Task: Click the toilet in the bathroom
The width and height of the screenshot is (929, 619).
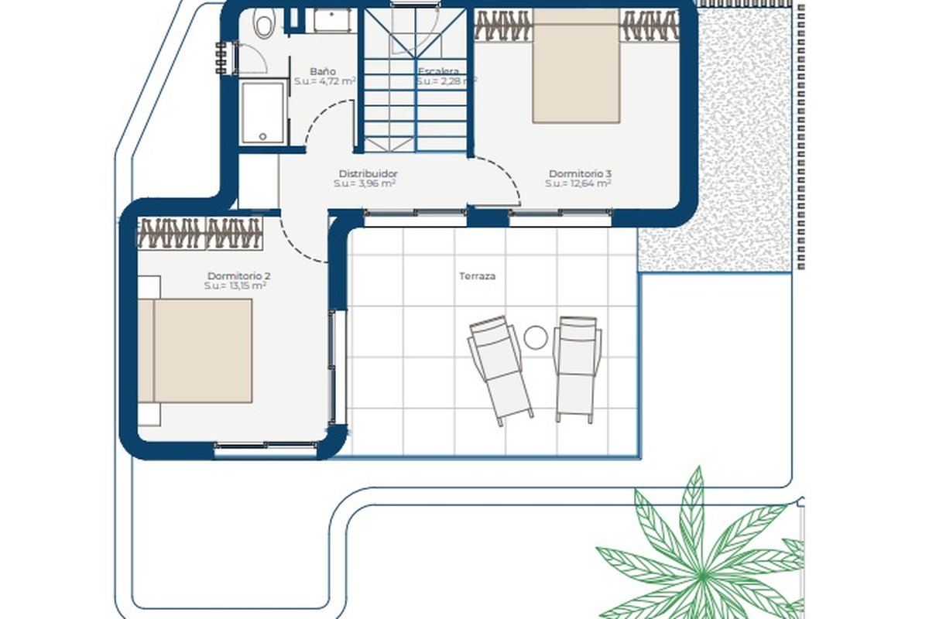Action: pyautogui.click(x=264, y=23)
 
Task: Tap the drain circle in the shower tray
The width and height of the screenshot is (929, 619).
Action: pyautogui.click(x=262, y=136)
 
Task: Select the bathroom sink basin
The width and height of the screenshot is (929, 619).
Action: pyautogui.click(x=332, y=21)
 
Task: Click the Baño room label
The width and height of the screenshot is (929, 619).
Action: pyautogui.click(x=323, y=71)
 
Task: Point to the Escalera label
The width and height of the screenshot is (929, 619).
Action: pyautogui.click(x=438, y=71)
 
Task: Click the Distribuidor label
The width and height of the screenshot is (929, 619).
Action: pyautogui.click(x=368, y=174)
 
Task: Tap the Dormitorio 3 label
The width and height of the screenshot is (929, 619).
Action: pyautogui.click(x=580, y=174)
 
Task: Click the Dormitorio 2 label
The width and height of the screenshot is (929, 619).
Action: pyautogui.click(x=239, y=275)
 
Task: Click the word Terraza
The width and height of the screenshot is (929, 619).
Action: pyautogui.click(x=478, y=276)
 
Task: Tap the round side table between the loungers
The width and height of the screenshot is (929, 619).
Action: pyautogui.click(x=536, y=337)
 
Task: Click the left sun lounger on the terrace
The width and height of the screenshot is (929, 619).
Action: pyautogui.click(x=500, y=370)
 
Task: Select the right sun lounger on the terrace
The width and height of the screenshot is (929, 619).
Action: pyautogui.click(x=577, y=369)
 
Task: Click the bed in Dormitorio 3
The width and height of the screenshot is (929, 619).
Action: pyautogui.click(x=576, y=66)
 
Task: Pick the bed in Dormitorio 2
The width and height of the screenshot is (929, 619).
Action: pyautogui.click(x=195, y=351)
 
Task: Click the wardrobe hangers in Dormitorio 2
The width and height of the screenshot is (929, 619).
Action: pyautogui.click(x=200, y=233)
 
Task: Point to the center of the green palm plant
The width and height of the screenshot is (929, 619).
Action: pyautogui.click(x=701, y=576)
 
